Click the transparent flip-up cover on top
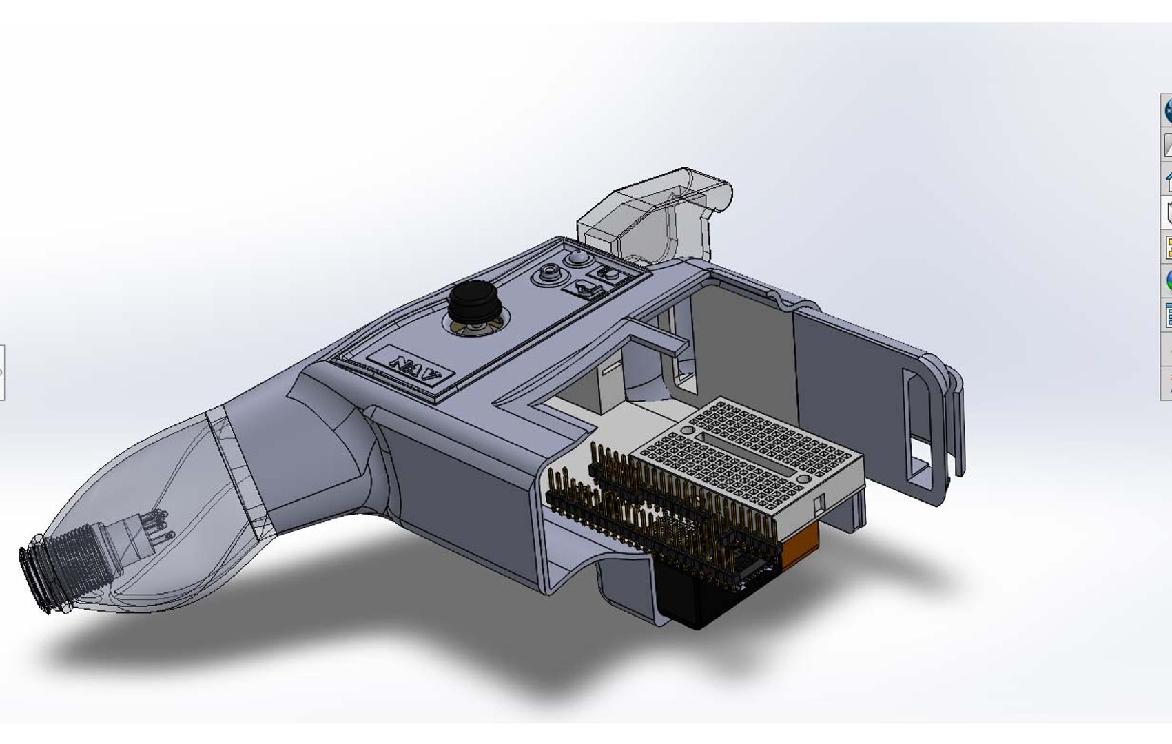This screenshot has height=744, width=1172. click(655, 210)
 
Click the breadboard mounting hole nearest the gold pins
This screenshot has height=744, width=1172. click(687, 430)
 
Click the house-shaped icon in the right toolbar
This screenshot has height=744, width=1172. click(1167, 181)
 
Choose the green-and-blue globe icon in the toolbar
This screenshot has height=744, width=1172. click(1168, 280)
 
